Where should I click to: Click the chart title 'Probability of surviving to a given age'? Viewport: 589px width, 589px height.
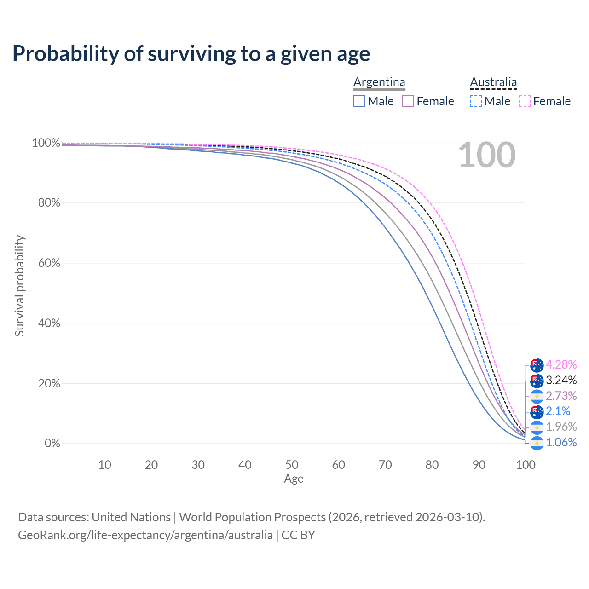191,54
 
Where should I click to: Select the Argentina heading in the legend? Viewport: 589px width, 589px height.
379,82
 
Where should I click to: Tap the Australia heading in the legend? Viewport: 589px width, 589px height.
493,82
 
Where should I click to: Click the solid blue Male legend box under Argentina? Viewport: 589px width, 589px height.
359,101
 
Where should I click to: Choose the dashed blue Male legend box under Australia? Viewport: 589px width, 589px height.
476,101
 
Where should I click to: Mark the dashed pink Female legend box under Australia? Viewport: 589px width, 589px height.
525,101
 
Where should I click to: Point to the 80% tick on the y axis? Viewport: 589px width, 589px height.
49,203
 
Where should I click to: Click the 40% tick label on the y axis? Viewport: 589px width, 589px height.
49,323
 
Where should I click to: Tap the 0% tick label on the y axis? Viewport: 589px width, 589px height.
52,444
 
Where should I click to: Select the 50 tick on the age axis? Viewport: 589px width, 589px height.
292,465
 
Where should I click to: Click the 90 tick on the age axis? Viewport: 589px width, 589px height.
479,465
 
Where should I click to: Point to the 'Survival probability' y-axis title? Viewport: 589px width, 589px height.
19,286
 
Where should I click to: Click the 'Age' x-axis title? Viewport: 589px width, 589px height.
294,479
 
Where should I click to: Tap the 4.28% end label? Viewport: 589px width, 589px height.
561,365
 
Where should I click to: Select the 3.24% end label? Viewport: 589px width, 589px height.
561,381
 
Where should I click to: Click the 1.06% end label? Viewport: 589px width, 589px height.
561,443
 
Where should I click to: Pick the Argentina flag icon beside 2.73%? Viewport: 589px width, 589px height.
537,396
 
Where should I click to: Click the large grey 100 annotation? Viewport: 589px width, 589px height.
487,156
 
